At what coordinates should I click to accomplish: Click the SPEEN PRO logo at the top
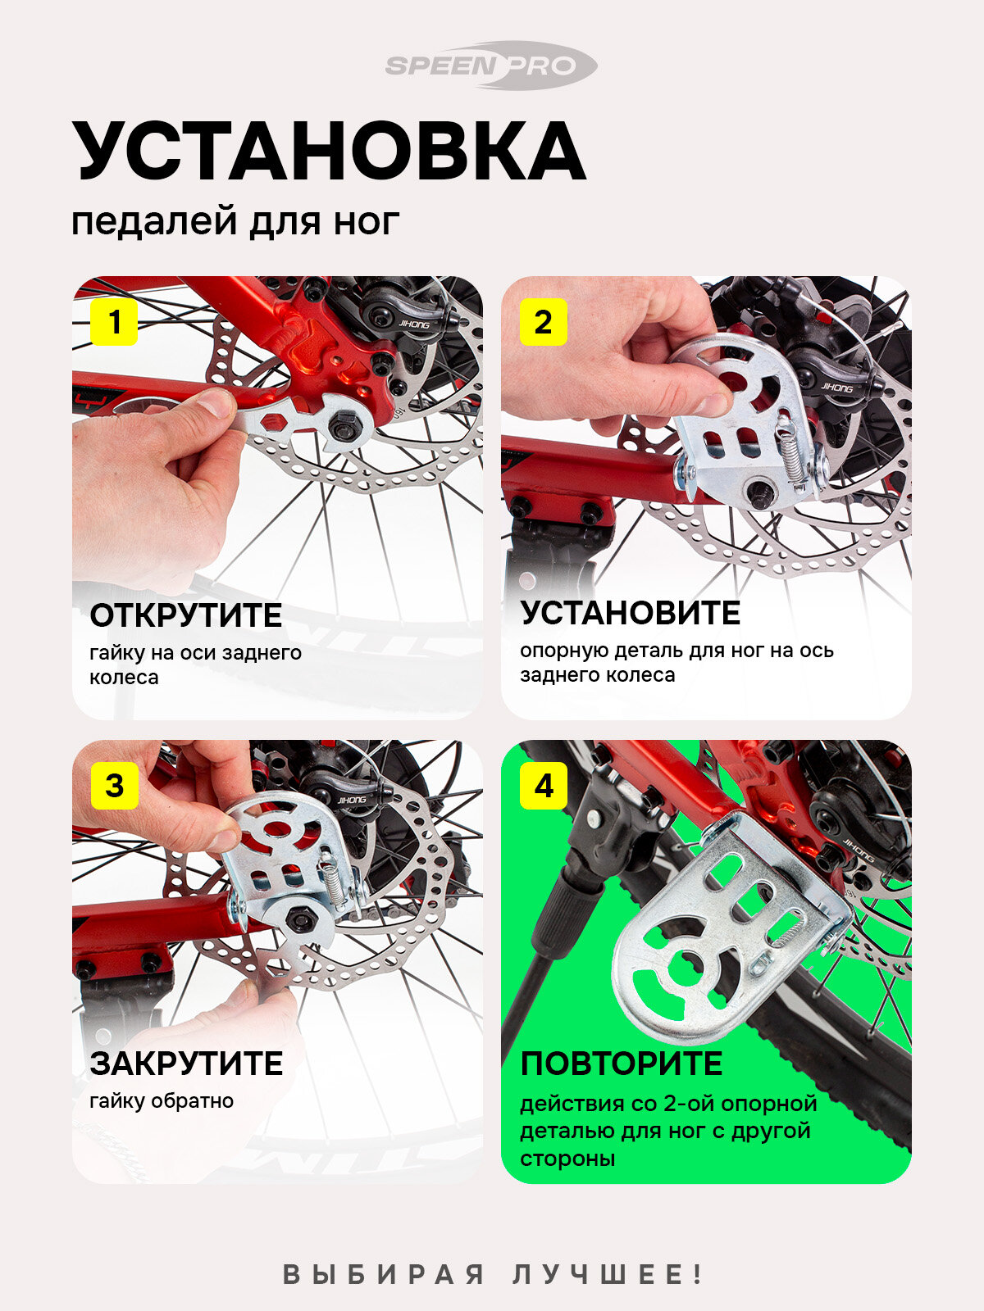pyautogui.click(x=490, y=65)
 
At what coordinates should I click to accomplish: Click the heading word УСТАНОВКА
pyautogui.click(x=329, y=151)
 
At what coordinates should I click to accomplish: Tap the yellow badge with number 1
pyautogui.click(x=114, y=322)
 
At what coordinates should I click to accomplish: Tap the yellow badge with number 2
pyautogui.click(x=543, y=322)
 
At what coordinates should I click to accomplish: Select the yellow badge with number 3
pyautogui.click(x=114, y=786)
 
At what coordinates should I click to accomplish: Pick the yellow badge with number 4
pyautogui.click(x=543, y=786)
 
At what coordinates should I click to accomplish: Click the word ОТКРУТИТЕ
pyautogui.click(x=186, y=616)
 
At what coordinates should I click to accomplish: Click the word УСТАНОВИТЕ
pyautogui.click(x=631, y=613)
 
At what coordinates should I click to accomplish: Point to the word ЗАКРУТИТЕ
pyautogui.click(x=186, y=1064)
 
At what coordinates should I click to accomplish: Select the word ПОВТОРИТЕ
pyautogui.click(x=622, y=1064)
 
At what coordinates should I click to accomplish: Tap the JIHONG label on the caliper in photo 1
pyautogui.click(x=414, y=325)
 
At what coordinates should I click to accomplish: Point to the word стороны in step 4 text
pyautogui.click(x=567, y=1159)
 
